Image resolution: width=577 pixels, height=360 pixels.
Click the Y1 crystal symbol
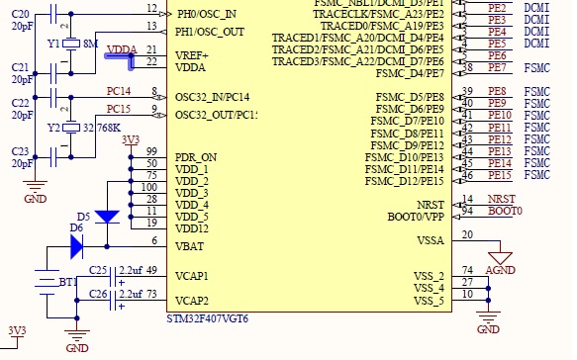click(x=71, y=44)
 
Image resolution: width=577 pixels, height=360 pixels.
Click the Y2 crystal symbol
click(x=71, y=128)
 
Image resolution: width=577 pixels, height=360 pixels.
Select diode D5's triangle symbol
click(x=107, y=217)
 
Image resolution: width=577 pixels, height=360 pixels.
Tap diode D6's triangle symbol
click(x=76, y=246)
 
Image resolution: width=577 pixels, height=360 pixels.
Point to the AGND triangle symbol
click(x=500, y=258)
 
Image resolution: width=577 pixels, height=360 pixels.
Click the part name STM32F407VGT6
click(x=208, y=318)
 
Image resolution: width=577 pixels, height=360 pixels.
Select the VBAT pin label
click(x=189, y=246)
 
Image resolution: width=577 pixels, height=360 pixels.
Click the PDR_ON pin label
click(x=196, y=157)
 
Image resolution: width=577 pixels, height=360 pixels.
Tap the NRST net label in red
click(x=502, y=200)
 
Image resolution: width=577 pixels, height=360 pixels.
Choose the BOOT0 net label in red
click(x=505, y=211)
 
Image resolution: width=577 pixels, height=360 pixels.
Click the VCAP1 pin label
click(x=192, y=276)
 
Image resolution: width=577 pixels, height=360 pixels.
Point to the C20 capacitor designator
click(x=20, y=15)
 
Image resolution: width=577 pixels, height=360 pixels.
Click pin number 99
click(x=151, y=151)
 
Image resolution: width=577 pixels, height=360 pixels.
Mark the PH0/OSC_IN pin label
click(x=207, y=14)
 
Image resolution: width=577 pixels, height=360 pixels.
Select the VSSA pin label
click(x=431, y=241)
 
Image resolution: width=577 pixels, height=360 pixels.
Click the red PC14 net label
click(x=119, y=91)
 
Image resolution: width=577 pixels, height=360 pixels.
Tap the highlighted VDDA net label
click(x=122, y=49)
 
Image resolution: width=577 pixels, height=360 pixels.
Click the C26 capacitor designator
click(x=98, y=294)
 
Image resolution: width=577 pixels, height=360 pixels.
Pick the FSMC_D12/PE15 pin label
click(x=405, y=181)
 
